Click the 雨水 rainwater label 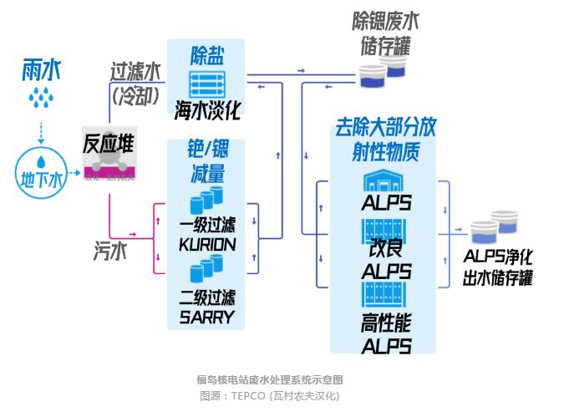click(x=42, y=69)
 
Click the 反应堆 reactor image click(x=109, y=153)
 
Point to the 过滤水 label click(x=135, y=72)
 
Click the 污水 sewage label click(x=110, y=251)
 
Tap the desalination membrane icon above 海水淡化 click(x=207, y=84)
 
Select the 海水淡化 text click(x=207, y=109)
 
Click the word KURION click(x=207, y=245)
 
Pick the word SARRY click(x=207, y=317)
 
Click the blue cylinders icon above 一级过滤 click(x=206, y=200)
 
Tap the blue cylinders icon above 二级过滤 click(x=206, y=268)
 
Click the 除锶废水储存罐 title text click(x=385, y=33)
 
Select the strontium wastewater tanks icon click(x=383, y=72)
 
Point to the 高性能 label click(x=386, y=323)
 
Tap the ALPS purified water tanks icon click(x=495, y=227)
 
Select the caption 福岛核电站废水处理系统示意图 click(x=270, y=379)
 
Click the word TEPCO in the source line click(x=248, y=396)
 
